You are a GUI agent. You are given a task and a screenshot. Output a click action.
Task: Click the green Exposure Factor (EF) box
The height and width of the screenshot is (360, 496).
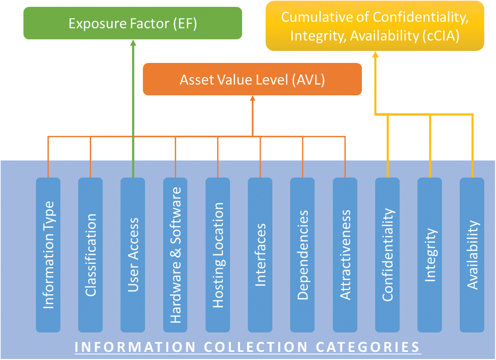(x=133, y=23)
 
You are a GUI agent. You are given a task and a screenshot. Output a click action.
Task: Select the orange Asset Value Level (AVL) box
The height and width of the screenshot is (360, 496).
(x=252, y=79)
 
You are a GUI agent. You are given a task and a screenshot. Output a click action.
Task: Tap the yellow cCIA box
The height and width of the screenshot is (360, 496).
(x=375, y=26)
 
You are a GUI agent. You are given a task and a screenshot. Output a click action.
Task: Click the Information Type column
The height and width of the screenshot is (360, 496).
(x=48, y=255)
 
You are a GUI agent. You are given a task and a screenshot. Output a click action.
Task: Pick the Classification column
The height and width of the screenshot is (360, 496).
(x=90, y=255)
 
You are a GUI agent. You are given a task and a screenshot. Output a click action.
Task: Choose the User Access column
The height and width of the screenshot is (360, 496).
(x=133, y=255)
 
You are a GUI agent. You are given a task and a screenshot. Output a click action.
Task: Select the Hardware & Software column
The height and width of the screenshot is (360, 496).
(x=175, y=255)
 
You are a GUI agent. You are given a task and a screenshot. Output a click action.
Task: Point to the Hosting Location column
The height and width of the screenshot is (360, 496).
(x=218, y=255)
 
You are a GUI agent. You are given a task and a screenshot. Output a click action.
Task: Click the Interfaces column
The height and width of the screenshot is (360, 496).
(x=260, y=255)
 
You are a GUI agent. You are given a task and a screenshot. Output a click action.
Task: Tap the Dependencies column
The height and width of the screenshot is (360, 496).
(x=302, y=255)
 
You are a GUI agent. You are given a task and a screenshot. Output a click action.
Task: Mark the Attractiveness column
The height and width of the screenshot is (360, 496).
(x=345, y=255)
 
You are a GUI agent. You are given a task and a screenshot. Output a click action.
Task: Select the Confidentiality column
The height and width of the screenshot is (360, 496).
(x=387, y=255)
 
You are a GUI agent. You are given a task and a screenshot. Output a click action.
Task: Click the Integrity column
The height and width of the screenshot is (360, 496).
(x=430, y=255)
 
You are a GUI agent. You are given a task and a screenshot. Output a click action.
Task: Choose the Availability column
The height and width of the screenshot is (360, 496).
(x=472, y=255)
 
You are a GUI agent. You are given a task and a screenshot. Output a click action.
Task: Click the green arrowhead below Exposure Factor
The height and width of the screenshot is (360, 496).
(x=133, y=43)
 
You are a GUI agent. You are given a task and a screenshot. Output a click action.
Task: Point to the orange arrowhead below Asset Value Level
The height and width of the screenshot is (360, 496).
(x=252, y=98)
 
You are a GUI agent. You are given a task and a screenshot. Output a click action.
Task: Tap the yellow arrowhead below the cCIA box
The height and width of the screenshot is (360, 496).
(x=375, y=55)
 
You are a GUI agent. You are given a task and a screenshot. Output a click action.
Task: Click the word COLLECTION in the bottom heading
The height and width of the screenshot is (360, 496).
(x=256, y=347)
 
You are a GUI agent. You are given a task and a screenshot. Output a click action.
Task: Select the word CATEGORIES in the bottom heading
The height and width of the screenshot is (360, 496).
(x=368, y=347)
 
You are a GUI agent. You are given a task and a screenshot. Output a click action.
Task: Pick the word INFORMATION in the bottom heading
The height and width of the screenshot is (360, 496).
(x=135, y=347)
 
